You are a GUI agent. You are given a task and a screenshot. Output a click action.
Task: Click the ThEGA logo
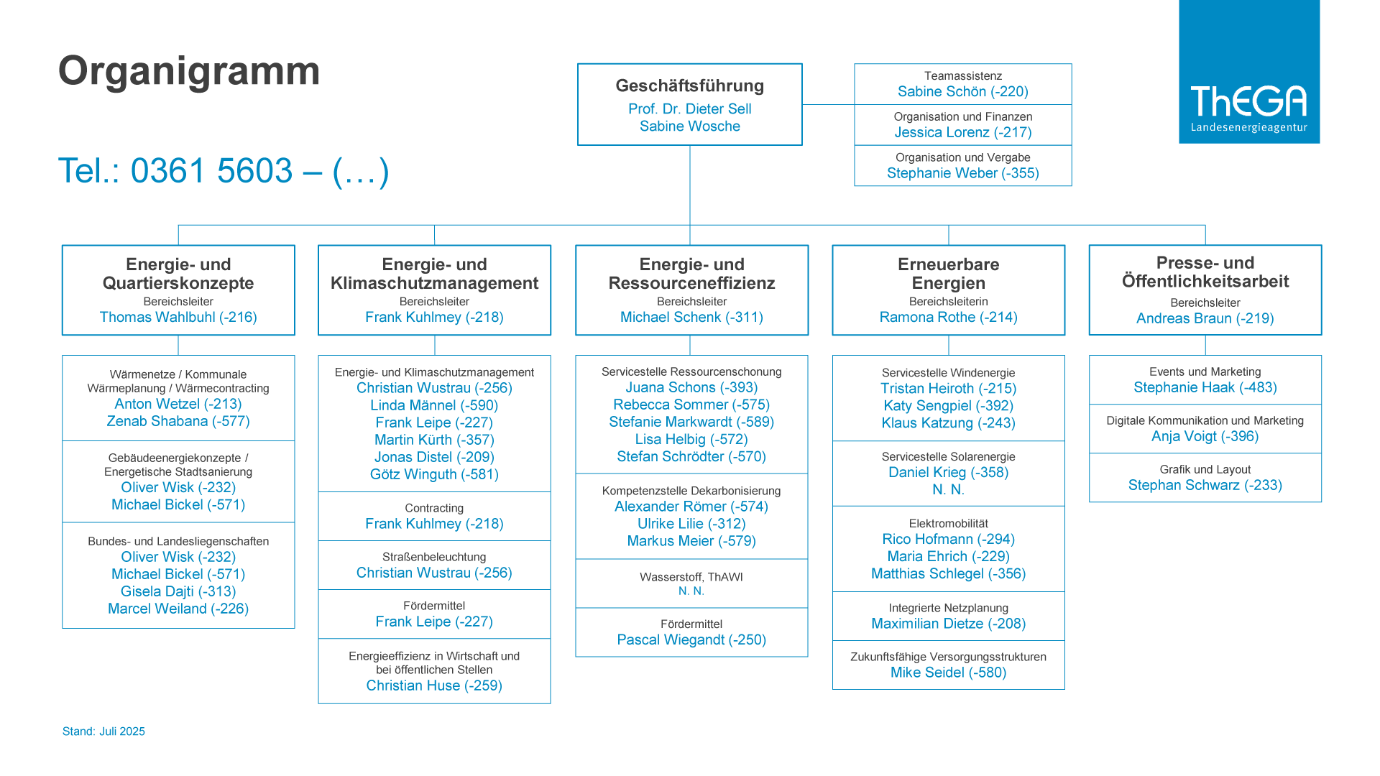click(1249, 72)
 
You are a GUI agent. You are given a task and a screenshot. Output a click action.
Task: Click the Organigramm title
click(189, 71)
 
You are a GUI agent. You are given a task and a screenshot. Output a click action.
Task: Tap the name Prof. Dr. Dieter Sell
click(690, 108)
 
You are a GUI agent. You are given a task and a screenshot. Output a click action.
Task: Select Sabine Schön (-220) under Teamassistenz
click(963, 91)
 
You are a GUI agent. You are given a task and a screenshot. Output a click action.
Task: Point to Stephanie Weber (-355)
click(963, 173)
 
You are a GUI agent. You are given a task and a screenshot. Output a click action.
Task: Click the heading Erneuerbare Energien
click(949, 274)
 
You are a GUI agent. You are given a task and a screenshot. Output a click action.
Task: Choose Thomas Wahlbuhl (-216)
click(178, 317)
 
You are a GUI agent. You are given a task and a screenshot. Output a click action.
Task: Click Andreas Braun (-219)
click(1205, 318)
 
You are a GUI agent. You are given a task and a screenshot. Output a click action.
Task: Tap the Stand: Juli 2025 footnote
click(103, 731)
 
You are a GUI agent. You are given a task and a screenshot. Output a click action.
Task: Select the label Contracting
click(434, 508)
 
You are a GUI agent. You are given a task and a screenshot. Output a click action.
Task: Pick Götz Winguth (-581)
click(434, 474)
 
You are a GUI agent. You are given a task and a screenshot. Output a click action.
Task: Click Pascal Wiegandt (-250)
click(691, 639)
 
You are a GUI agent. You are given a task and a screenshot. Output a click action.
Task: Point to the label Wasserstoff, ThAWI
click(691, 577)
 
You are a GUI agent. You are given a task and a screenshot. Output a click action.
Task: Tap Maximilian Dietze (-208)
click(949, 624)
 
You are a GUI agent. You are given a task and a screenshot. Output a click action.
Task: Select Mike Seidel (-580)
click(949, 673)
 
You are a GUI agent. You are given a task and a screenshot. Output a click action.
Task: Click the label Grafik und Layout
click(1205, 469)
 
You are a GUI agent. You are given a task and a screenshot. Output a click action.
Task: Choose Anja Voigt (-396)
click(1205, 436)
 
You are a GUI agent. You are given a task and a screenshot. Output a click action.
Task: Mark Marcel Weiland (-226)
click(178, 609)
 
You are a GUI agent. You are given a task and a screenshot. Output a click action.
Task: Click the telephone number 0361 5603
click(212, 171)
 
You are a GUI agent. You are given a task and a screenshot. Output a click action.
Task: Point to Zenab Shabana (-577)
click(178, 421)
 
